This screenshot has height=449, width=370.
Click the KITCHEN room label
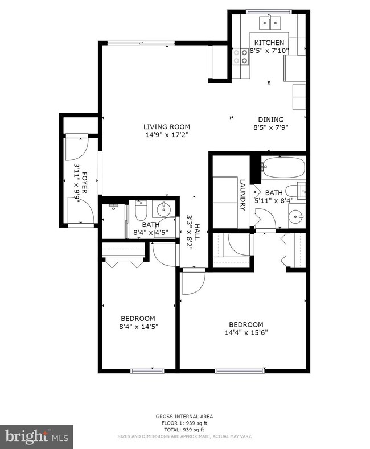[269, 43]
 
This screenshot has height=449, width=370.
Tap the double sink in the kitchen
[269, 23]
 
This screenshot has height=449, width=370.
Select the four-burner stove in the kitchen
[241, 56]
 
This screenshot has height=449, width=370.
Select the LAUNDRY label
[242, 195]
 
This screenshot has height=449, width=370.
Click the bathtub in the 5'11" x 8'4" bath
[283, 168]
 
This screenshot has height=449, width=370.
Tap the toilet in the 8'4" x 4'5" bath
[141, 211]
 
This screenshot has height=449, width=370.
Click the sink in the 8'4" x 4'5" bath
[165, 209]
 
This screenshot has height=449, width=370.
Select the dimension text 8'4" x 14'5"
[138, 327]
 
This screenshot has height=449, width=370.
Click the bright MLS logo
[36, 436]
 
